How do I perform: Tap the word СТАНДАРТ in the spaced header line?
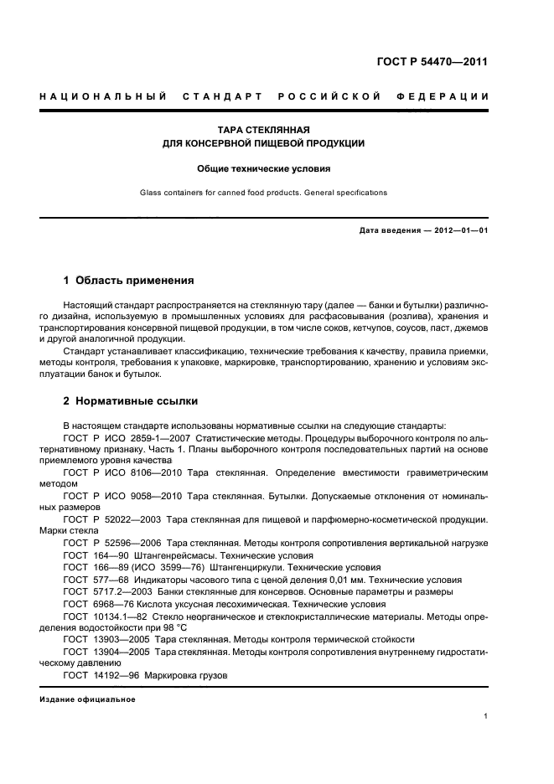click(x=220, y=97)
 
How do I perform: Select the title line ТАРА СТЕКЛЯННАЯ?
click(x=264, y=131)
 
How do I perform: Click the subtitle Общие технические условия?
click(x=264, y=168)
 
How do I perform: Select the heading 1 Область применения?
click(x=129, y=280)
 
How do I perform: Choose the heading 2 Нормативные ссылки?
click(x=131, y=401)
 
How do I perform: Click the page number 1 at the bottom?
click(x=486, y=716)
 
